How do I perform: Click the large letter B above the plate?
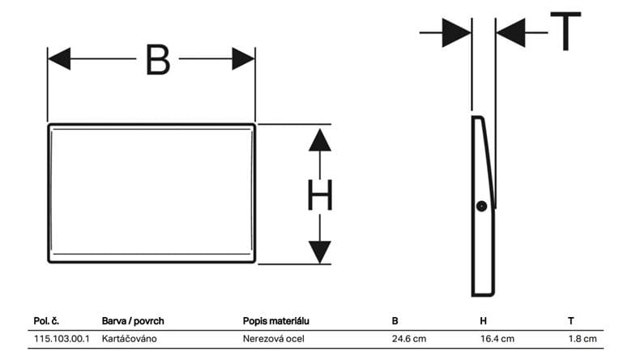pyautogui.click(x=158, y=60)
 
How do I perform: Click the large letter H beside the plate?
pyautogui.click(x=320, y=195)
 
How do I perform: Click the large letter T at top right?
pyautogui.click(x=566, y=31)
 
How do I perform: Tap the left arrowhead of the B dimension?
pyautogui.click(x=59, y=59)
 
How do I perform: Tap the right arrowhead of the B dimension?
pyautogui.click(x=243, y=59)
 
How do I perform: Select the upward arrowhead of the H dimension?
pyautogui.click(x=320, y=140)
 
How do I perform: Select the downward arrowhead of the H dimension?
pyautogui.click(x=320, y=252)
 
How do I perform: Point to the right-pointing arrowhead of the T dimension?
pyautogui.click(x=457, y=32)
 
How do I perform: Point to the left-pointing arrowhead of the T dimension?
pyautogui.click(x=510, y=32)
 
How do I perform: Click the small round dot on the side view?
pyautogui.click(x=481, y=207)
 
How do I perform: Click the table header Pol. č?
pyautogui.click(x=46, y=321)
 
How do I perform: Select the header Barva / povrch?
pyautogui.click(x=133, y=321)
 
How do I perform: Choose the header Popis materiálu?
pyautogui.click(x=276, y=321)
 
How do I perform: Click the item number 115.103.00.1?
pyautogui.click(x=62, y=339)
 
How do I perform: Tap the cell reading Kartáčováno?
pyautogui.click(x=129, y=339)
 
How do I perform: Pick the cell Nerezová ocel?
pyautogui.click(x=274, y=339)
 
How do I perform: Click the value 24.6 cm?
pyautogui.click(x=409, y=339)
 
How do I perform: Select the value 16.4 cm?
pyautogui.click(x=497, y=339)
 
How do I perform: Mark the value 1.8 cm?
pyautogui.click(x=583, y=339)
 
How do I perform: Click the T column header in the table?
pyautogui.click(x=571, y=321)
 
